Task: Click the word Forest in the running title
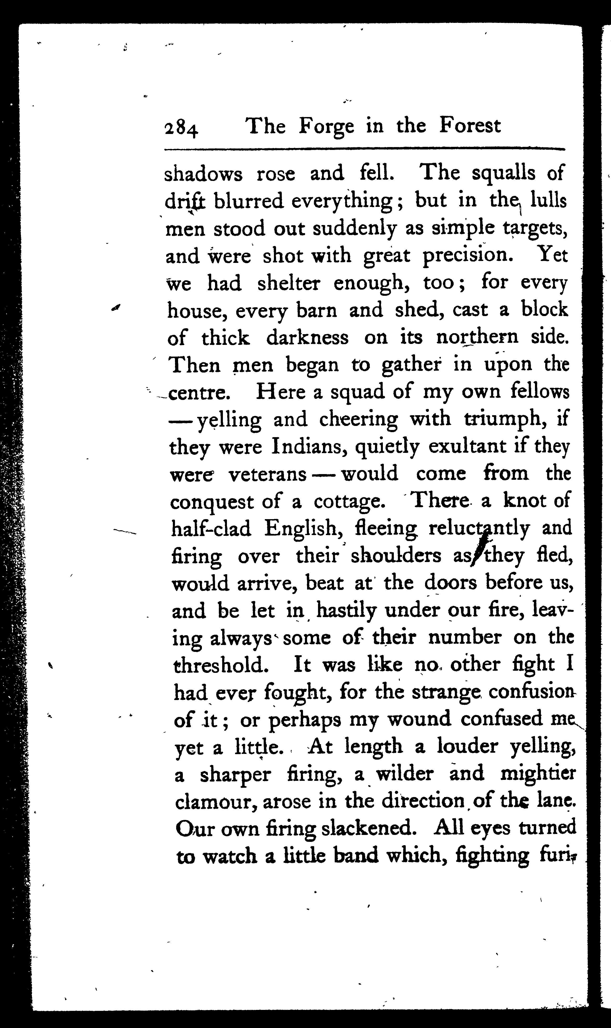click(470, 126)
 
